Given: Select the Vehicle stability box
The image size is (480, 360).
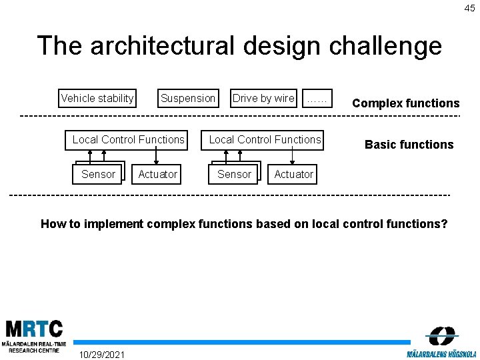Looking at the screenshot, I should coord(97,98).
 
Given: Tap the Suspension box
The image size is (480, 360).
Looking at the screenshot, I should coord(188,98).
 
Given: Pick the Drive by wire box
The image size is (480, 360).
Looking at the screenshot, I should coord(263,98).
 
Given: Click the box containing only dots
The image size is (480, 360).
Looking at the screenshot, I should coord(317,98).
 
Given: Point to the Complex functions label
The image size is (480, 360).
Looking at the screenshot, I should coord(405,103).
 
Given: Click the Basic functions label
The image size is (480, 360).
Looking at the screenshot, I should coord(409,145).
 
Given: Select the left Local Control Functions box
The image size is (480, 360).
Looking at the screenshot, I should coord(128,139).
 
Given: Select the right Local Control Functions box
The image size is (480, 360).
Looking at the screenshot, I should coord(265,139).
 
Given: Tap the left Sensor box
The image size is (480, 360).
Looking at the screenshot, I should coord(98,174).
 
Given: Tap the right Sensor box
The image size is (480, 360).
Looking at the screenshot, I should coord(235,174).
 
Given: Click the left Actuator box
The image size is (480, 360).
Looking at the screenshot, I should coord(157,174).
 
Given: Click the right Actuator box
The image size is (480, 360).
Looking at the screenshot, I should coord(293,174).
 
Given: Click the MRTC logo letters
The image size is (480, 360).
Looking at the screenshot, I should coord(34,329).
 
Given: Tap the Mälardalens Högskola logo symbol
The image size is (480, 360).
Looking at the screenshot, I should coord(441,335).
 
